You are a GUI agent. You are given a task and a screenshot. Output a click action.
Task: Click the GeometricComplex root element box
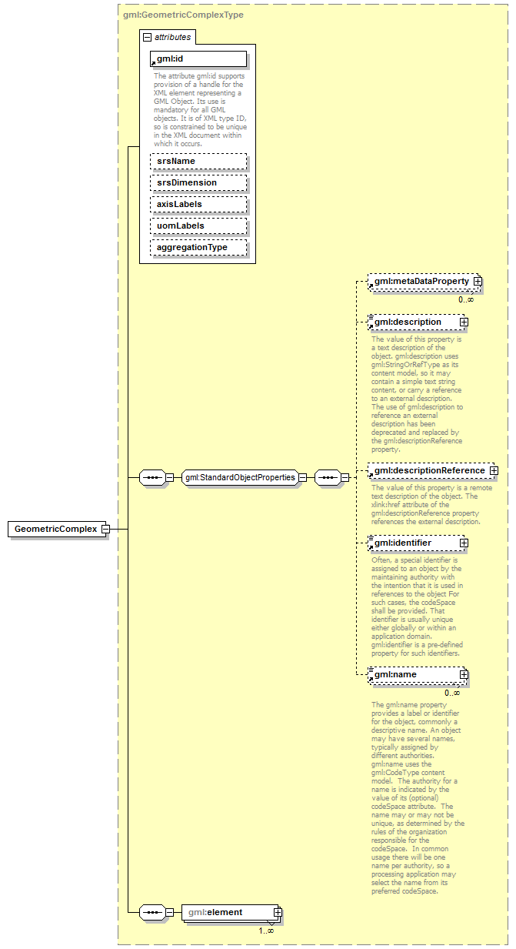point(55,530)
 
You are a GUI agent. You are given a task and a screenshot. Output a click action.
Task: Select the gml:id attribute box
point(199,58)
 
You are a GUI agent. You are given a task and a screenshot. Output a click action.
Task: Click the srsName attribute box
point(199,161)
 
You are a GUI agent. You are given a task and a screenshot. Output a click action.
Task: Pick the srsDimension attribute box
point(199,182)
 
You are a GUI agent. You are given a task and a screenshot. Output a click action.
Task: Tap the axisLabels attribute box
point(199,204)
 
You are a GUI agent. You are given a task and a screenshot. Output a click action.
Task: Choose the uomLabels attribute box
point(199,226)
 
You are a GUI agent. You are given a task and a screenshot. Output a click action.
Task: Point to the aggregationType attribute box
point(199,247)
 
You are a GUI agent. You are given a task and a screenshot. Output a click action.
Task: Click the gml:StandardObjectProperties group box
point(240,477)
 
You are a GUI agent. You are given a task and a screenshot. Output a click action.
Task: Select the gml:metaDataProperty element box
point(421,282)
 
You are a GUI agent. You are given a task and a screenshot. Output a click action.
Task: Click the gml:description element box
point(415,322)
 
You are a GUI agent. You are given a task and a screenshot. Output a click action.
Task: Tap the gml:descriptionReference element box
point(429,470)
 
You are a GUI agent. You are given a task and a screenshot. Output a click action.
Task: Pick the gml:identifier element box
point(415,543)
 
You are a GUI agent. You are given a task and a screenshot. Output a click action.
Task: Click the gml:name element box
point(415,674)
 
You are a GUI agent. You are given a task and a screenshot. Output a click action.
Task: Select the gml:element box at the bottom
point(228,913)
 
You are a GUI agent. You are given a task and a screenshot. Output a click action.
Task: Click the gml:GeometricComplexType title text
point(184,14)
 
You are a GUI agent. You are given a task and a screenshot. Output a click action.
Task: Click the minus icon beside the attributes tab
point(147,36)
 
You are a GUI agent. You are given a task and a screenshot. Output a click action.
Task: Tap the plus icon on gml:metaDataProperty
point(478,282)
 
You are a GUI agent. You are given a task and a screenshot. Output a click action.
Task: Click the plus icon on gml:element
point(278,913)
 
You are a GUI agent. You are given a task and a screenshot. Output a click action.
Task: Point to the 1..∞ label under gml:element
point(266,931)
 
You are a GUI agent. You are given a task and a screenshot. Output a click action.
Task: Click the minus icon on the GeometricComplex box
point(105,530)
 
